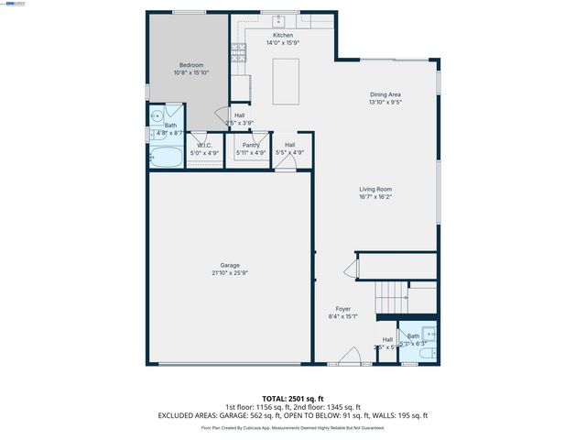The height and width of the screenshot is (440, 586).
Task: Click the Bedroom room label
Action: click(x=191, y=65)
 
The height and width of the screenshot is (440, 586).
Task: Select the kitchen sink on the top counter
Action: click(x=279, y=19)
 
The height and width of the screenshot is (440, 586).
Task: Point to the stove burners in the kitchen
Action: click(x=239, y=51)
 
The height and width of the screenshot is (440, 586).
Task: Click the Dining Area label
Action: click(x=385, y=94)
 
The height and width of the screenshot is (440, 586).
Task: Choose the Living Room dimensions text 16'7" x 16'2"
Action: click(x=375, y=196)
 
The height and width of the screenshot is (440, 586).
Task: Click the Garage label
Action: click(x=230, y=265)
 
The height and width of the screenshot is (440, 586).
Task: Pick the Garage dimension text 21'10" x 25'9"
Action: click(x=230, y=272)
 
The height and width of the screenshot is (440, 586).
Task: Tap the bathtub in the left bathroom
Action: click(x=167, y=158)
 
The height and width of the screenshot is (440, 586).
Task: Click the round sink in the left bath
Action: click(x=157, y=116)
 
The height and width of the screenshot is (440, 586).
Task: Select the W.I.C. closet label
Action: click(x=205, y=146)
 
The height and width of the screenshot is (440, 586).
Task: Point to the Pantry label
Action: click(x=251, y=146)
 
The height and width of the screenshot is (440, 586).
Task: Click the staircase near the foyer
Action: click(x=392, y=297)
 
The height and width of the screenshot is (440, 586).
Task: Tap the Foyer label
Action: click(x=342, y=309)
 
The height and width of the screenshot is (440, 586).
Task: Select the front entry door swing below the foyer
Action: click(x=348, y=358)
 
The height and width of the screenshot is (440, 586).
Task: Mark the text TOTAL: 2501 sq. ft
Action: click(x=293, y=398)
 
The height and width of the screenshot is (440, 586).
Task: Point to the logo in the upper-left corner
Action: click(x=15, y=4)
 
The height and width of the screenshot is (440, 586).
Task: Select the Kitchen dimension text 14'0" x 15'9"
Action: click(x=282, y=42)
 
